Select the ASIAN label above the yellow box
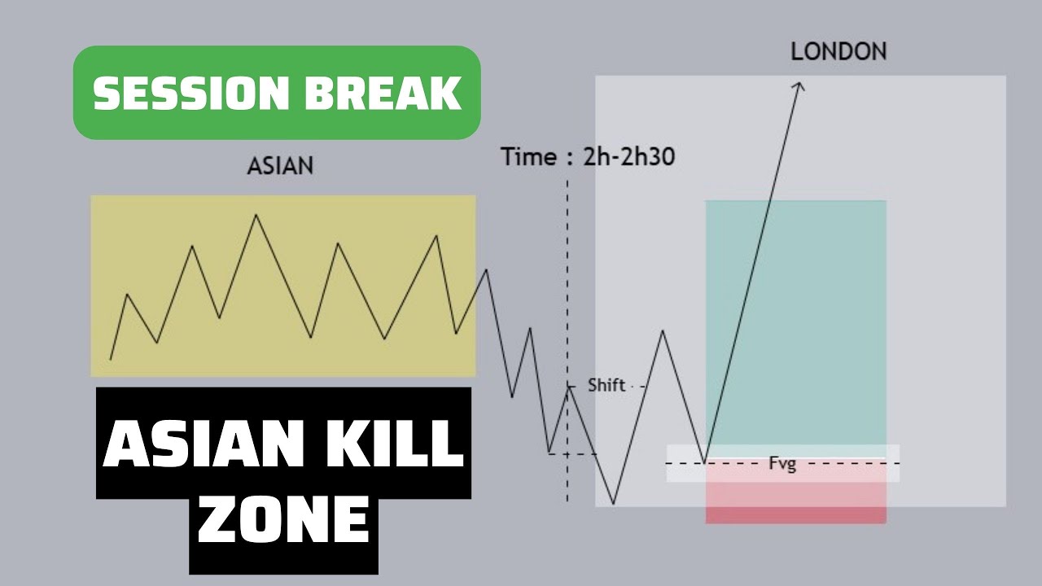pyautogui.click(x=280, y=166)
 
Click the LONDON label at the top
pyautogui.click(x=838, y=52)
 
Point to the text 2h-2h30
pyautogui.click(x=628, y=157)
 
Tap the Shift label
pyautogui.click(x=606, y=386)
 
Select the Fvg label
pyautogui.click(x=782, y=465)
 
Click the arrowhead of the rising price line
pyautogui.click(x=799, y=85)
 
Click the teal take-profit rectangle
pyautogui.click(x=795, y=317)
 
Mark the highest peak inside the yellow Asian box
pyautogui.click(x=256, y=215)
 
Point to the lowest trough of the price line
pyautogui.click(x=614, y=503)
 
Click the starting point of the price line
pyautogui.click(x=111, y=359)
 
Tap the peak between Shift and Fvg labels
pyautogui.click(x=663, y=331)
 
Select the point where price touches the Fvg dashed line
pyautogui.click(x=705, y=463)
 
